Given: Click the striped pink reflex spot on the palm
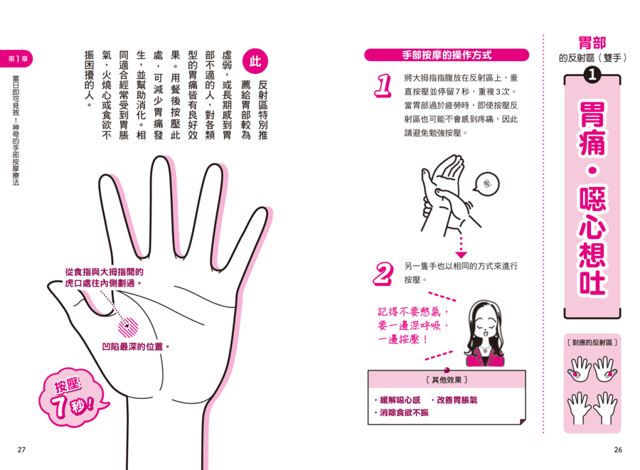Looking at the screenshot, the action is coord(128,327).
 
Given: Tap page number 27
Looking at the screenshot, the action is coord(21,449).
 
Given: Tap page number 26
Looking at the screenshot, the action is coord(618,449).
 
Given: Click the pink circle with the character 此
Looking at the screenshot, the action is coord(255,61).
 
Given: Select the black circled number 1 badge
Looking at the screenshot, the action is coord(592,74).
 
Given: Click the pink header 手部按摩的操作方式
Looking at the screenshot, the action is coord(447,55).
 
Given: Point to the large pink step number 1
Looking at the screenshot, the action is coord(383,85).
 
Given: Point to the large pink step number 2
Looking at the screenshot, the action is coord(383,274).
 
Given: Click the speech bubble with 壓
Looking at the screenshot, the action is coord(486,183).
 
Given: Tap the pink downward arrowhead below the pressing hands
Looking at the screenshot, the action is coord(462,255).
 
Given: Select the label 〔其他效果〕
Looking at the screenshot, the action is coord(447,380).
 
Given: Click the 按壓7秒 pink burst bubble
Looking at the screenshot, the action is coord(73,397).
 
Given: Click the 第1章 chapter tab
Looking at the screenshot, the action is coord(16,59).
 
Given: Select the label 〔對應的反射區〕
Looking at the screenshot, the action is coord(592,342).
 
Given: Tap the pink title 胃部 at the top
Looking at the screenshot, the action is coord(592,43).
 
